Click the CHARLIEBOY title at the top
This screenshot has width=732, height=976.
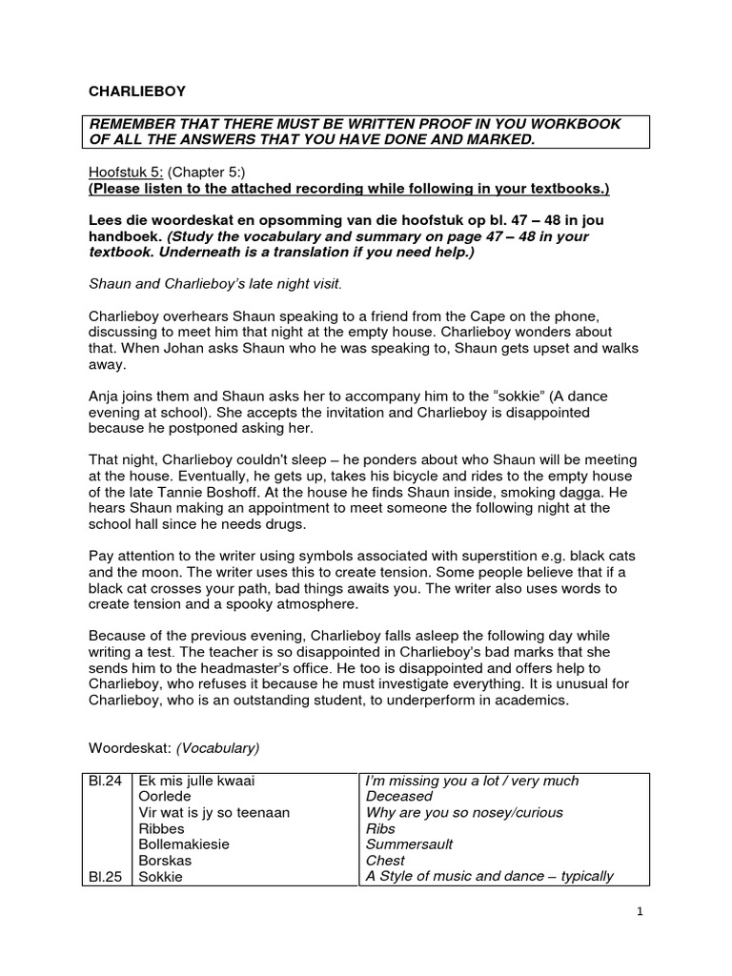coord(137,91)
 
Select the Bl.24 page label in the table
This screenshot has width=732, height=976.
coord(104,781)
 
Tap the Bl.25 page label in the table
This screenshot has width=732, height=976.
coord(104,876)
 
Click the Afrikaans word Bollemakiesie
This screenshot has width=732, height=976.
coord(184,844)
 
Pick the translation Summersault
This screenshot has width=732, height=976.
coord(410,844)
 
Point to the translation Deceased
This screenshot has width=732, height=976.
coord(399,797)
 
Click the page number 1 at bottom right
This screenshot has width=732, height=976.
coord(640,911)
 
